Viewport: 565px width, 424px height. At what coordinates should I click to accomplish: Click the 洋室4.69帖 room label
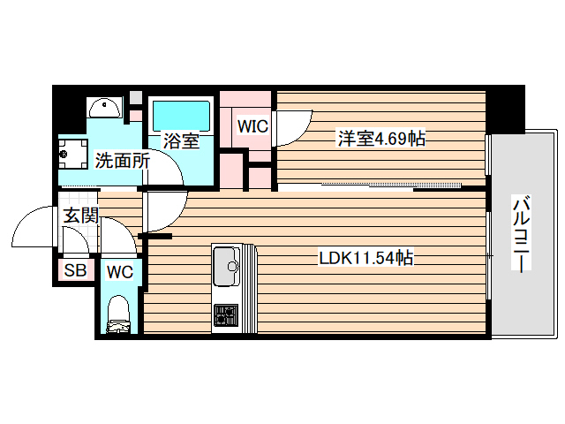point(380,139)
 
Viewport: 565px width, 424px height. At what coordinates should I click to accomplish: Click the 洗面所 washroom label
point(122,162)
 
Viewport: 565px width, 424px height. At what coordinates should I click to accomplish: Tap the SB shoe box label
point(75,270)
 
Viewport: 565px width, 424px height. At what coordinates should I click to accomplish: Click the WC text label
point(120,272)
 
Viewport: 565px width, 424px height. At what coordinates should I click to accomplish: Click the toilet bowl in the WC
point(118,314)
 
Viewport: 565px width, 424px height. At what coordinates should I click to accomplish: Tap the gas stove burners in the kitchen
point(225,314)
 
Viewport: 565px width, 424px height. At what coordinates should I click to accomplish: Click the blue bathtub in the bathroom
point(180,115)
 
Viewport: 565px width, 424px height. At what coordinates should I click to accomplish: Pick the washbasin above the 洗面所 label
point(106,109)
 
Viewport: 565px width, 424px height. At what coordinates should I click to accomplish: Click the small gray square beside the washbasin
point(135,96)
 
